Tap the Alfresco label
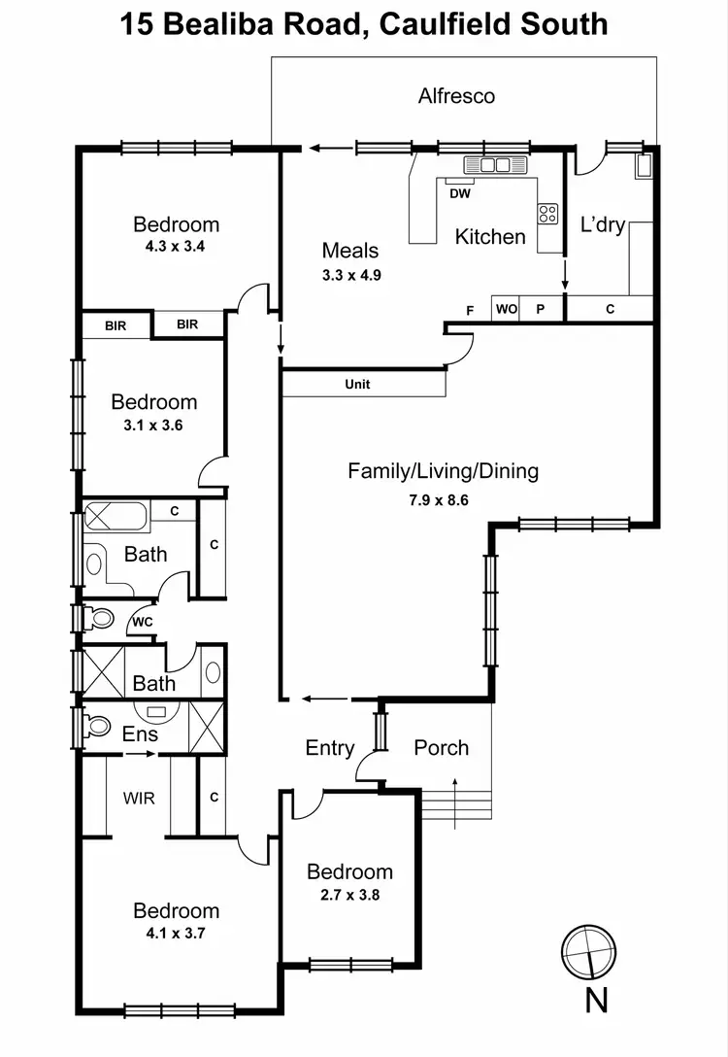(456, 95)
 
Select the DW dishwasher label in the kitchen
(460, 193)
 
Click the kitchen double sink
(495, 164)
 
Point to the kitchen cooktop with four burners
(548, 214)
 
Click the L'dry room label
(603, 225)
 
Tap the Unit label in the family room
(357, 385)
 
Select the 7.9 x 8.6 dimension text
(443, 501)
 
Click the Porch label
(441, 748)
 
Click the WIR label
(138, 798)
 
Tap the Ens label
(140, 734)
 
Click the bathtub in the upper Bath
(116, 515)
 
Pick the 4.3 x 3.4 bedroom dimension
(176, 246)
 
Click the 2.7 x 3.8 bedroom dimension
(349, 894)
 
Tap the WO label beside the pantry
(506, 310)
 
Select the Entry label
(330, 748)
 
